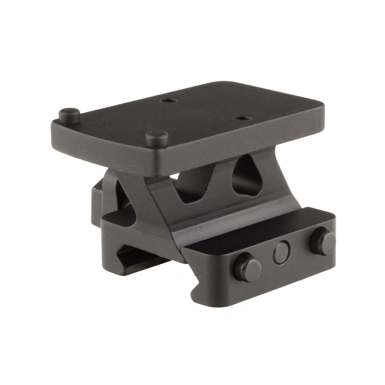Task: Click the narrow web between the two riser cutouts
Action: (223, 183)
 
